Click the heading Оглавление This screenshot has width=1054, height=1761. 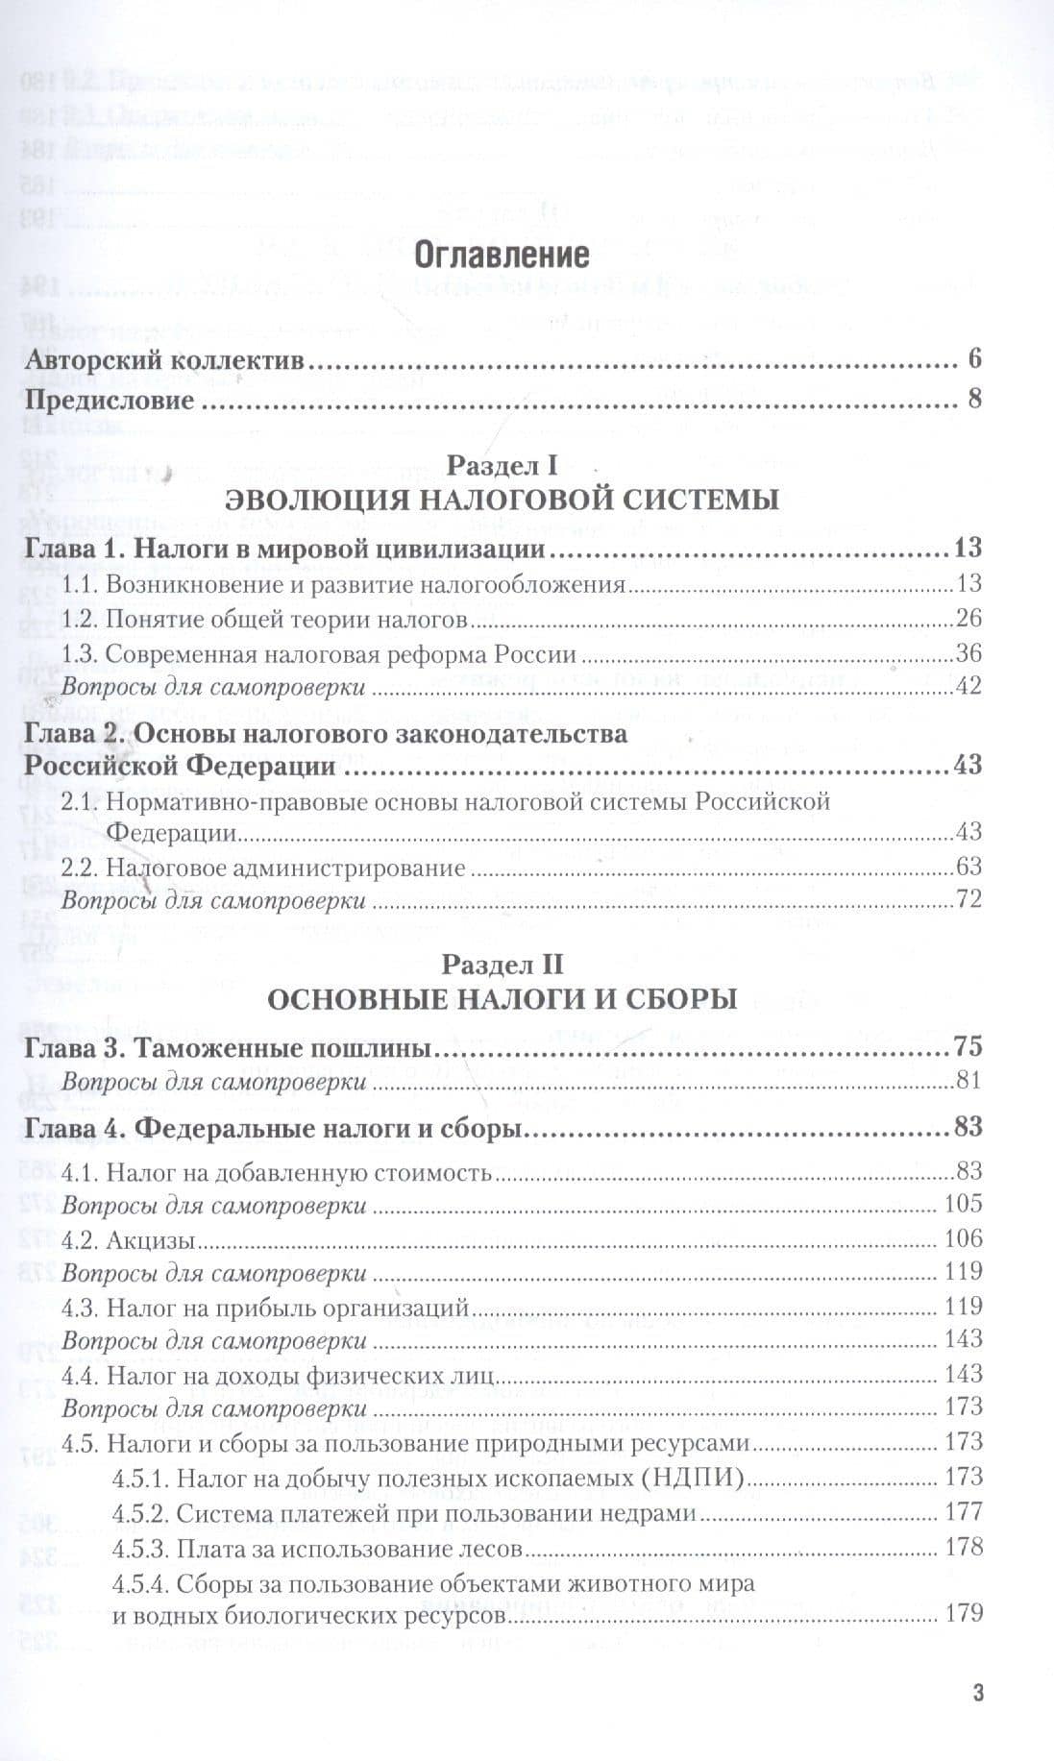coord(501,256)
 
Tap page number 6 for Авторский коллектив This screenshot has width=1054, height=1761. coord(974,360)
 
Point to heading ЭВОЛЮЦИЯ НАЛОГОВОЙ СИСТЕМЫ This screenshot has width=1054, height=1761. coord(501,501)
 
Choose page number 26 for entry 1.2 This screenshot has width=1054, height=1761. coord(968,619)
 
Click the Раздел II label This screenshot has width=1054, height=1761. coord(502,965)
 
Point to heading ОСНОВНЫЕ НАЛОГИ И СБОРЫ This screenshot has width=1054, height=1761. coord(501,1000)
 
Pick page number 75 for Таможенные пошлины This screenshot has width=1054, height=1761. coord(968,1047)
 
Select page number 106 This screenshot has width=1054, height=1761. coord(964,1238)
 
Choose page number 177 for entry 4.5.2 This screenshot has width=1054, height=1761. coord(964,1512)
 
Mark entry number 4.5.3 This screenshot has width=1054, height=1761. coord(142,1548)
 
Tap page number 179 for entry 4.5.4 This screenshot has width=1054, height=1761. coord(964,1613)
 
